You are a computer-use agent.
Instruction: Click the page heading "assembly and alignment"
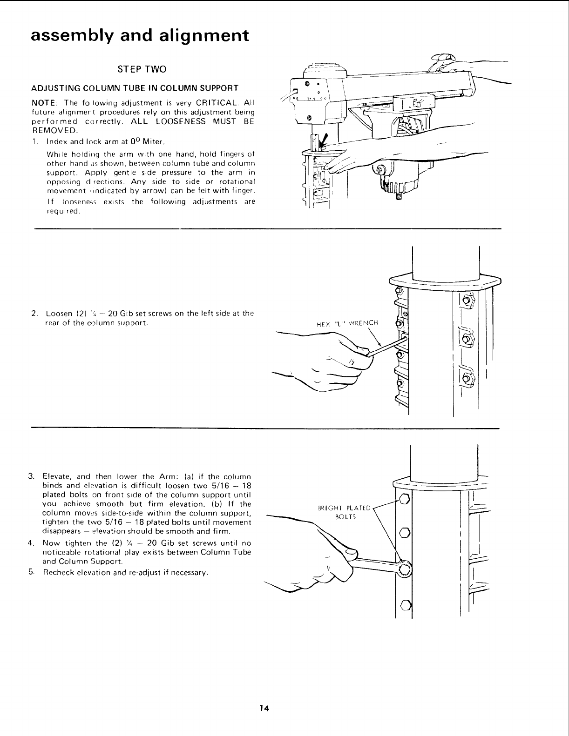pyautogui.click(x=139, y=36)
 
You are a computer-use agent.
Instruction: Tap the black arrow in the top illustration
pyautogui.click(x=323, y=139)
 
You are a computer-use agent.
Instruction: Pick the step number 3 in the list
pyautogui.click(x=31, y=477)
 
